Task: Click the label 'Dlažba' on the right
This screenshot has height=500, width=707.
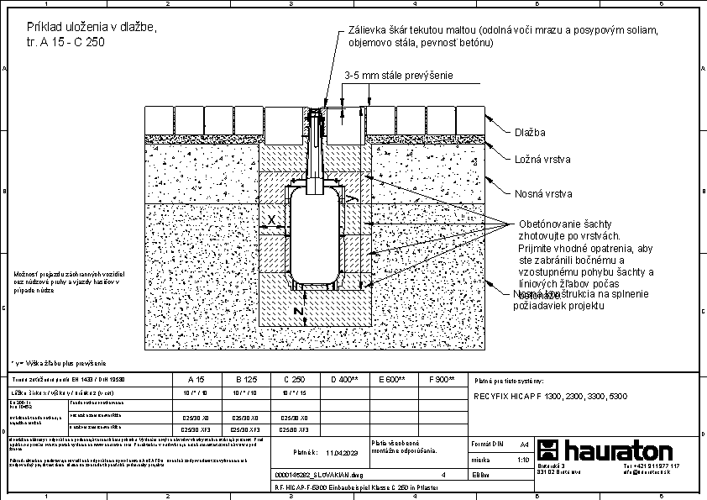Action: [530, 133]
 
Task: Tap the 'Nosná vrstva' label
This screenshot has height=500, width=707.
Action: [543, 194]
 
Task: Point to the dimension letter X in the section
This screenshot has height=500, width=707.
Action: [271, 220]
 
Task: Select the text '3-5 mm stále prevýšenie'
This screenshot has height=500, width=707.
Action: [399, 76]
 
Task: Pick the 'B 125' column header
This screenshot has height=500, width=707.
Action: [246, 380]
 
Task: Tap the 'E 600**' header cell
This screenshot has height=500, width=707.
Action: [392, 380]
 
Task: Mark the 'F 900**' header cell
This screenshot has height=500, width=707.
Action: [441, 380]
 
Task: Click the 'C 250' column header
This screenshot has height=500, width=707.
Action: [294, 380]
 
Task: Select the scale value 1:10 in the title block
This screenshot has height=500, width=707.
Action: [523, 460]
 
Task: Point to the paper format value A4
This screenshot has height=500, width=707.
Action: [524, 442]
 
